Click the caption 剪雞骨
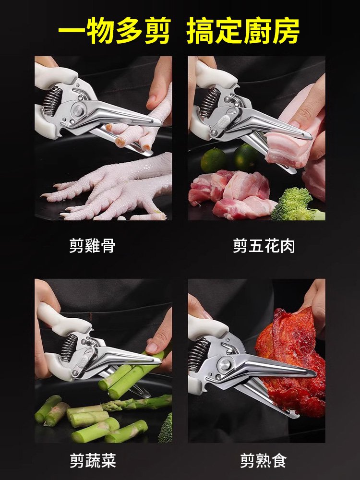(92, 246)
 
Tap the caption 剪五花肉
(264, 246)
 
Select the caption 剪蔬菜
(92, 461)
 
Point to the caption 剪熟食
(264, 461)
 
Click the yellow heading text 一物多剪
(114, 32)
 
